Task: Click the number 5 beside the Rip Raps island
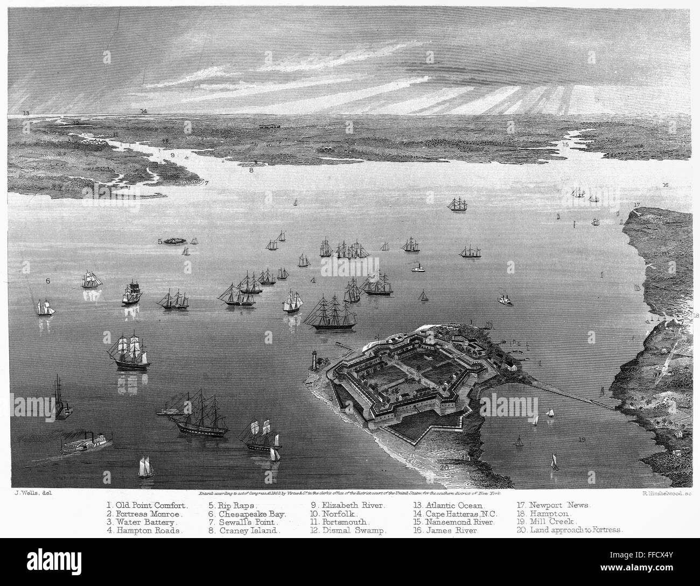pos(160,242)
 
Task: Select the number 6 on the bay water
pos(48,281)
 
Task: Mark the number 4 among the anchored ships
pos(313,280)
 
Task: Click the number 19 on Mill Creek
pos(582,440)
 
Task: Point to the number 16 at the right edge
pos(666,185)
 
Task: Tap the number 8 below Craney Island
pos(251,170)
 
